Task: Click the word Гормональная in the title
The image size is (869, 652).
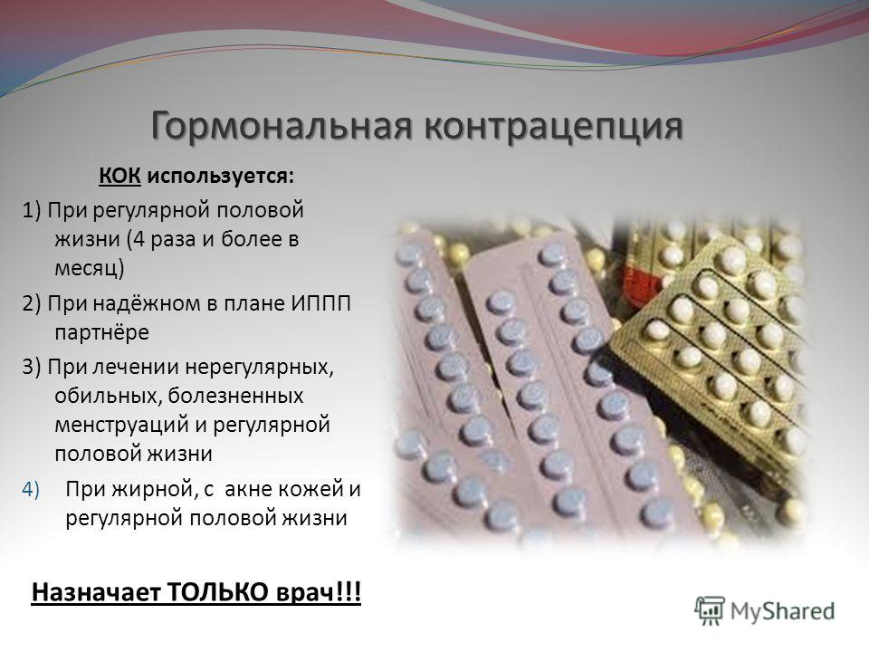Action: click(282, 127)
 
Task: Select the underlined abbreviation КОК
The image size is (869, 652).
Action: click(119, 176)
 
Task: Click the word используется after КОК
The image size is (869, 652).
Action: click(221, 177)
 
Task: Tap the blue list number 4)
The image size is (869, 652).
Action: click(31, 490)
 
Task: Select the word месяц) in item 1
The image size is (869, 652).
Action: click(90, 268)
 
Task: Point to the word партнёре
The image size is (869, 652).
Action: click(102, 332)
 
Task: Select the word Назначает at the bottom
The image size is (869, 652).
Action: click(96, 592)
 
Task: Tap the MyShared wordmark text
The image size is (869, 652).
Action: click(782, 611)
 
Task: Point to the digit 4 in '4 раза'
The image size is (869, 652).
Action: click(139, 239)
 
